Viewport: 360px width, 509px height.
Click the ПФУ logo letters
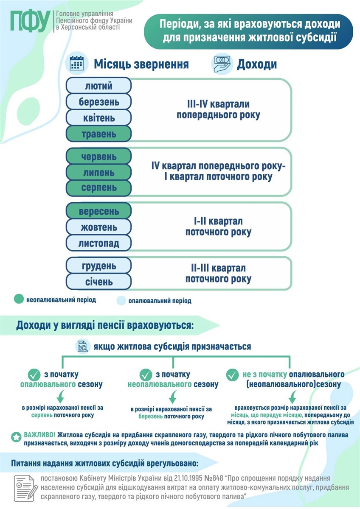pos(30,21)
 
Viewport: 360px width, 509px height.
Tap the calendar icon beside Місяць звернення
pos(76,64)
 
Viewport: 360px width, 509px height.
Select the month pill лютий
pos(98,86)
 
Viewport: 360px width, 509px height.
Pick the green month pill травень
pos(98,134)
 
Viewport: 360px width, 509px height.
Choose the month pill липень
pos(98,173)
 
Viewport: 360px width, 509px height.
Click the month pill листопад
pos(98,243)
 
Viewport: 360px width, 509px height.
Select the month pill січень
pos(98,282)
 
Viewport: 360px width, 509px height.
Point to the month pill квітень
pos(98,118)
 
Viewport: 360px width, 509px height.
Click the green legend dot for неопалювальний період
pos(18,299)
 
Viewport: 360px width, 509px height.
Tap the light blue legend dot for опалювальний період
pos(121,301)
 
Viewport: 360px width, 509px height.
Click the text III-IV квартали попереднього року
pos(218,109)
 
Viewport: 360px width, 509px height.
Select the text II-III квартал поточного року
pos(218,274)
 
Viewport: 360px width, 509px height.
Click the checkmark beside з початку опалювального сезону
pos(34,375)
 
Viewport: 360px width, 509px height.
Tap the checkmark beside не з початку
pos(232,375)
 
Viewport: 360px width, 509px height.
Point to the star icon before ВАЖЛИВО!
pos(16,436)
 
